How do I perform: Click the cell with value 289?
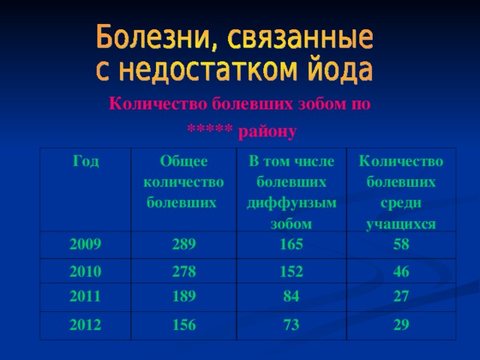(x=184, y=244)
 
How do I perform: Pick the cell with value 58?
(x=401, y=246)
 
